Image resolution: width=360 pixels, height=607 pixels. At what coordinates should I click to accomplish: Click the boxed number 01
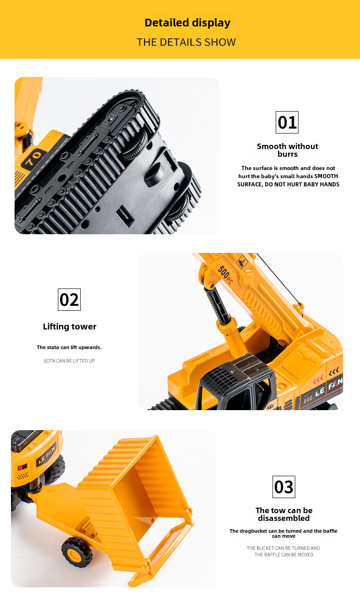(x=287, y=122)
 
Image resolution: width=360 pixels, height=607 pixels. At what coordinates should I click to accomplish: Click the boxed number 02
(x=69, y=299)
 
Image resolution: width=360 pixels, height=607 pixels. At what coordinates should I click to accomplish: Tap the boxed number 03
(x=283, y=487)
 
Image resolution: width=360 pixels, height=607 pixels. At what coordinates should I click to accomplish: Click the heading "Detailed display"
(x=187, y=23)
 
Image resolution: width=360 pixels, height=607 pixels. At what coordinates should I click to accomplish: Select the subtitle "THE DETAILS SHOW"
(x=186, y=42)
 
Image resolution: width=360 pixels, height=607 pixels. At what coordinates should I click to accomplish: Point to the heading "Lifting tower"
(x=70, y=327)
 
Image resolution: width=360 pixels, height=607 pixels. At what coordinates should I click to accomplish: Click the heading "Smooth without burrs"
(x=288, y=150)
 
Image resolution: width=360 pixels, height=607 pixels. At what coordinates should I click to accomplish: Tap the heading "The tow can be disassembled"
(x=284, y=514)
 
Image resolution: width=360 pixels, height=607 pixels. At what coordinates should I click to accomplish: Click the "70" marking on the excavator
(x=33, y=158)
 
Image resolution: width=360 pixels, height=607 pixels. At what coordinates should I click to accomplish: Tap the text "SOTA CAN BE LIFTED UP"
(x=69, y=360)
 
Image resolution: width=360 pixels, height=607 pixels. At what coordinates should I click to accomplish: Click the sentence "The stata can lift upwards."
(x=69, y=347)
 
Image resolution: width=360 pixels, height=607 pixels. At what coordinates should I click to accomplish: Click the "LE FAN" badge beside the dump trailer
(x=47, y=454)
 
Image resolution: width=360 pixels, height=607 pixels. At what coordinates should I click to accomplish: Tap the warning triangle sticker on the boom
(x=242, y=262)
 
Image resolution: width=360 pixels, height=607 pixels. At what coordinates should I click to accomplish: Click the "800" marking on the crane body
(x=308, y=399)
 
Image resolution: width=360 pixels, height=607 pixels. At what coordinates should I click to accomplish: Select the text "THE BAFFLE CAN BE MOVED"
(x=283, y=555)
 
